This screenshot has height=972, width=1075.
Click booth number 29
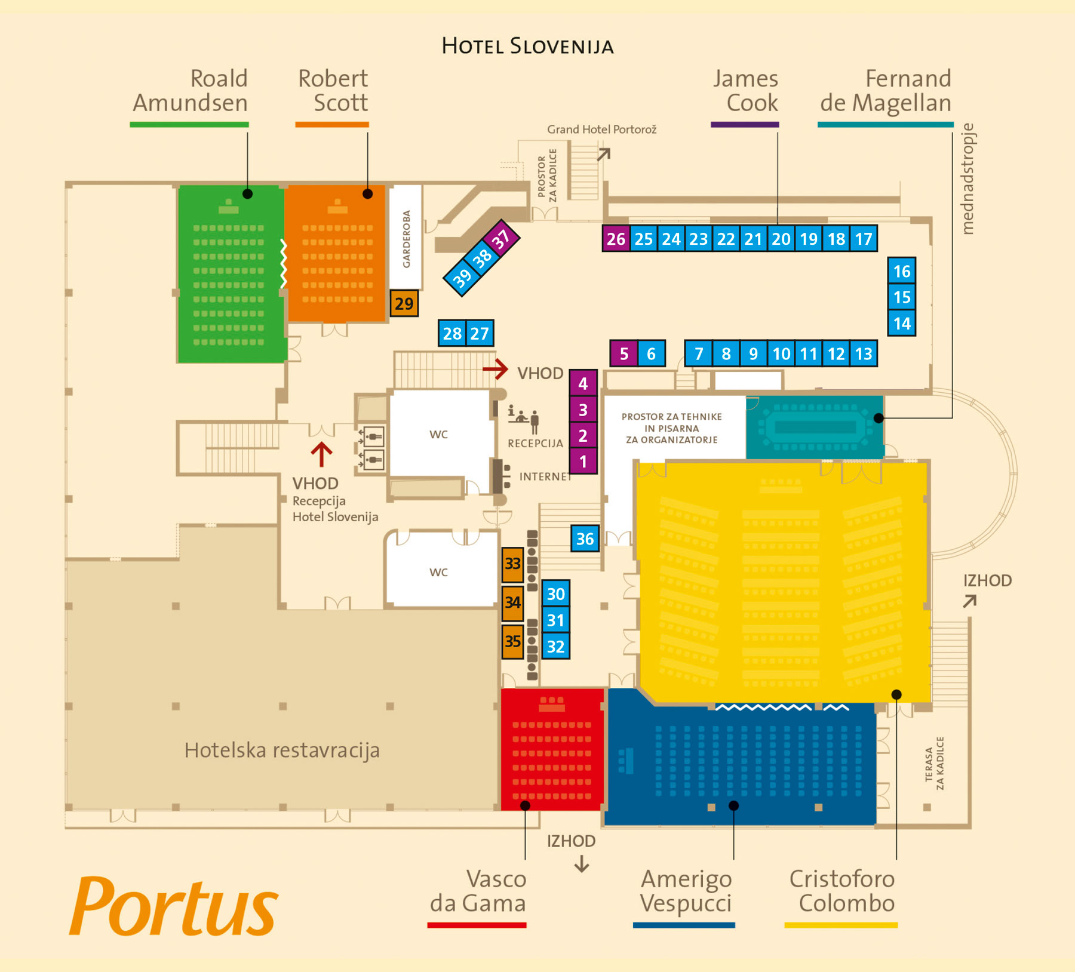pyautogui.click(x=404, y=303)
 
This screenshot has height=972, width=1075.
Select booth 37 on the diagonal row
pyautogui.click(x=501, y=239)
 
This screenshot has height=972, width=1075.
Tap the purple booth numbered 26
pyautogui.click(x=616, y=239)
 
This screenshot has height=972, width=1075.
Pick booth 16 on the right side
pyautogui.click(x=901, y=272)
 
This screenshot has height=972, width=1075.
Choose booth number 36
pyautogui.click(x=585, y=539)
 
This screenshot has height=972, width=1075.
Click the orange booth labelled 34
pyautogui.click(x=512, y=602)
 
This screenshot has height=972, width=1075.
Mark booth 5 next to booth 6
pyautogui.click(x=623, y=353)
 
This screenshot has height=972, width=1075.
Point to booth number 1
pyautogui.click(x=583, y=462)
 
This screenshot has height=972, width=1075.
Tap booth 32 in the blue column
pyautogui.click(x=555, y=647)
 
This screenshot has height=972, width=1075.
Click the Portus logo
pyautogui.click(x=173, y=906)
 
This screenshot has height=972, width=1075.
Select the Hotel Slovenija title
pyautogui.click(x=527, y=46)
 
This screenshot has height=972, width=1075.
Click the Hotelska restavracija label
pyautogui.click(x=282, y=750)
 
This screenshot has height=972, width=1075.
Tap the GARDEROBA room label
pyautogui.click(x=406, y=239)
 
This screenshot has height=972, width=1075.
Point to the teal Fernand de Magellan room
pyautogui.click(x=815, y=427)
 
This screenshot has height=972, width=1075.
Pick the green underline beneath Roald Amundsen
pyautogui.click(x=189, y=124)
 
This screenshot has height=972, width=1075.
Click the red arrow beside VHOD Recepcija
pyautogui.click(x=321, y=454)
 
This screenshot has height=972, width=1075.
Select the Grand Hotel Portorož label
pyautogui.click(x=601, y=130)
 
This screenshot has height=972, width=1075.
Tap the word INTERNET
pyautogui.click(x=545, y=476)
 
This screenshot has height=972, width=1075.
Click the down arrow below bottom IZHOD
pyautogui.click(x=582, y=865)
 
